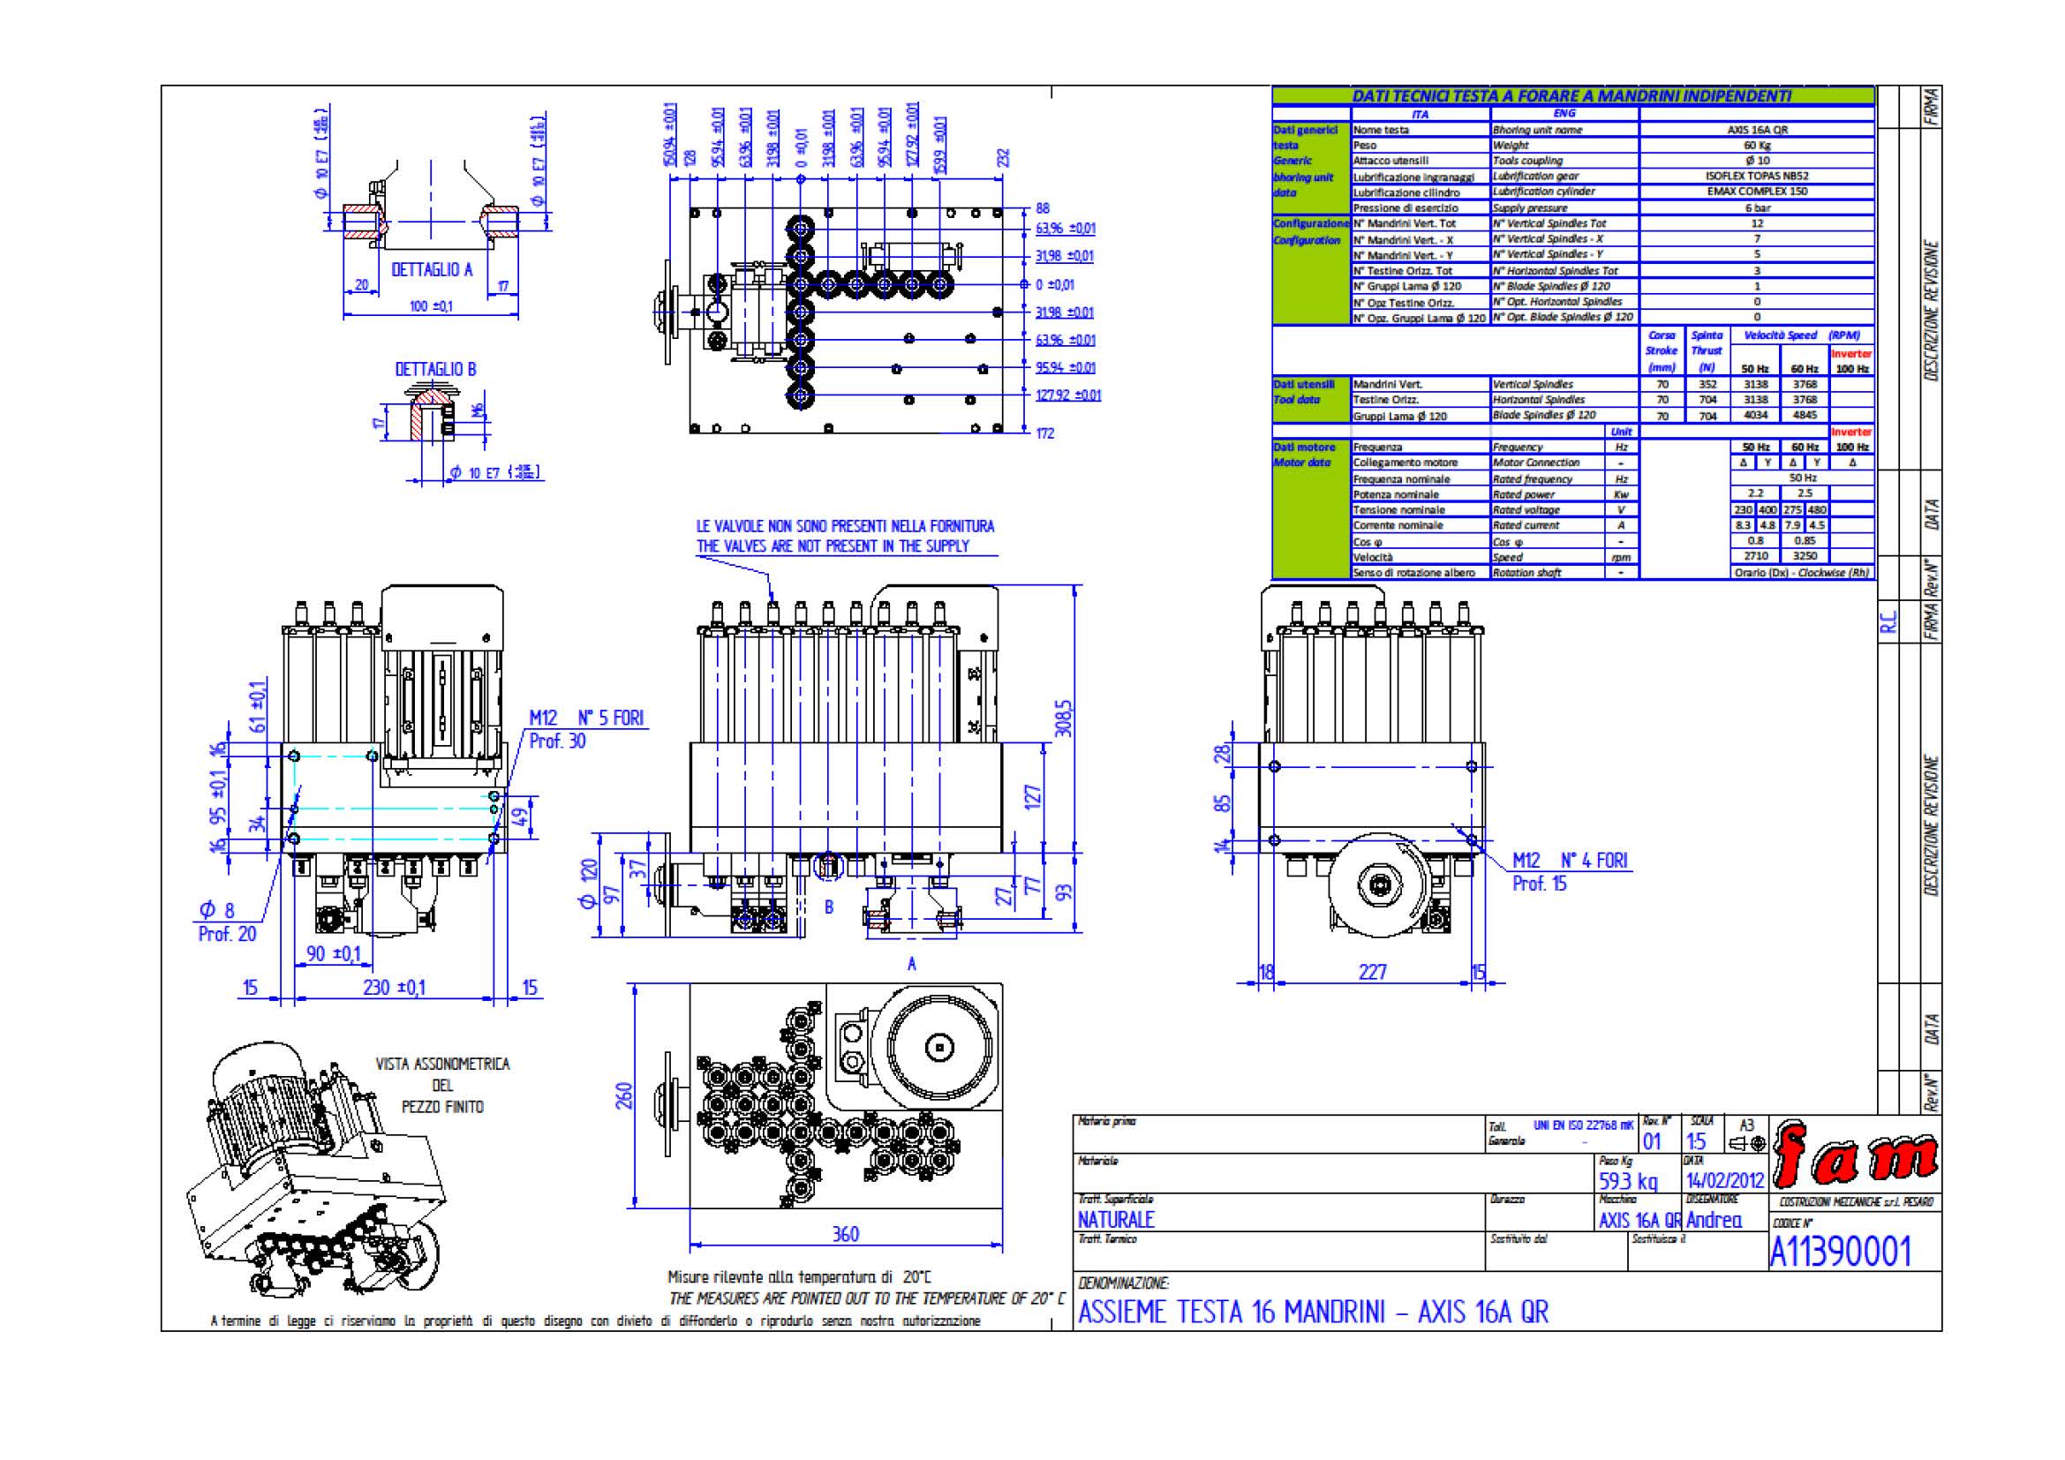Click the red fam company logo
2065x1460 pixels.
click(1855, 1159)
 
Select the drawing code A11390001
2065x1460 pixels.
click(1839, 1251)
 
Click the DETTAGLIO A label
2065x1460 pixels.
click(432, 270)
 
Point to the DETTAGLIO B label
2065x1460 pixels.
click(435, 370)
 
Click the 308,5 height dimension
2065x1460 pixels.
click(1064, 719)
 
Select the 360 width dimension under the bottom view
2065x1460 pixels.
click(846, 1234)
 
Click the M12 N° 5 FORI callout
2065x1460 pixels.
click(586, 719)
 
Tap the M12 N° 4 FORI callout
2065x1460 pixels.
click(1570, 861)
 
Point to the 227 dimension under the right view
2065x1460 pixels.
click(1373, 972)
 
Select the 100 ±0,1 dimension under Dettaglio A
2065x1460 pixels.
click(431, 306)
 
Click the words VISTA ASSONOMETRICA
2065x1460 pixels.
click(442, 1065)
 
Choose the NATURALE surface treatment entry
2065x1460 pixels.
click(1115, 1220)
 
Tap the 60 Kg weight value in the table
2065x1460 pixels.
click(1757, 146)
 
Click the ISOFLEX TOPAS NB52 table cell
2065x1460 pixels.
click(1757, 177)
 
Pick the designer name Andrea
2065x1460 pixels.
click(1714, 1220)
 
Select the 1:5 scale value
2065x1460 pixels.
click(1695, 1141)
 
